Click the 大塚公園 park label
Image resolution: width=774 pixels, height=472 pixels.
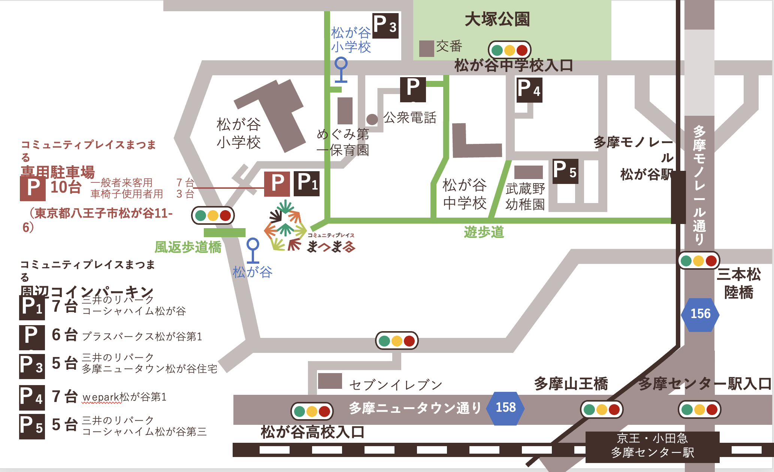point(497,19)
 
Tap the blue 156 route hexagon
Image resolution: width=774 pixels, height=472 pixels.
point(700,314)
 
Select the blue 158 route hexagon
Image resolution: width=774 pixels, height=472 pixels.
point(505,408)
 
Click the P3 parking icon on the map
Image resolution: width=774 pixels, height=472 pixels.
point(385,26)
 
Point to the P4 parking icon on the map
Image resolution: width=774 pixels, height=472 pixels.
point(529,90)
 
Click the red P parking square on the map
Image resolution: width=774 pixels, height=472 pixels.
point(277,184)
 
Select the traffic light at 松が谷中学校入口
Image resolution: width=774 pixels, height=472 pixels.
point(510,50)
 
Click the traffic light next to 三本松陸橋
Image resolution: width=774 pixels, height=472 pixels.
point(698,261)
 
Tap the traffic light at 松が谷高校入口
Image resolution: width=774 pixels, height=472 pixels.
point(312,411)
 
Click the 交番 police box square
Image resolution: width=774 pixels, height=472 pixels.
point(426,49)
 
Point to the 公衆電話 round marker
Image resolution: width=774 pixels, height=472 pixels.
point(372,119)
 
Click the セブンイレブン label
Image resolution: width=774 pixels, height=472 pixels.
point(396,385)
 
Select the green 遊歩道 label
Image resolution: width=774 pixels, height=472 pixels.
point(484,232)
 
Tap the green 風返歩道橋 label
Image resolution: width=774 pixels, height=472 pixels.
point(188,247)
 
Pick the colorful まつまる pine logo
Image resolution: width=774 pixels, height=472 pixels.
point(285,226)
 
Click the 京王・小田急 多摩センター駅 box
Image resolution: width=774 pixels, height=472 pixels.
point(652,446)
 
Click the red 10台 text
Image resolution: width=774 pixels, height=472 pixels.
point(66,187)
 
